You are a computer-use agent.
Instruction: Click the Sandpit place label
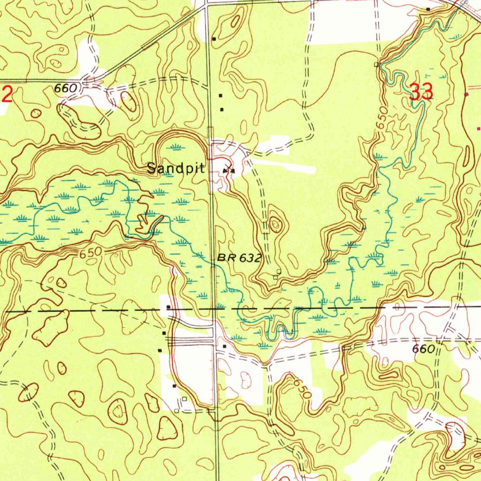point(176,168)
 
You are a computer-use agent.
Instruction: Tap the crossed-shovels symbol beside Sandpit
point(229,170)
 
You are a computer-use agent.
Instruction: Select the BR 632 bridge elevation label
point(239,258)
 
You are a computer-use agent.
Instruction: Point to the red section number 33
point(421,92)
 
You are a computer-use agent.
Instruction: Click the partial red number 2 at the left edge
point(7,94)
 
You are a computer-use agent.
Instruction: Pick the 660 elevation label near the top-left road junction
point(65,88)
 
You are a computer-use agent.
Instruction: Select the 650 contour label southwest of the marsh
point(90,253)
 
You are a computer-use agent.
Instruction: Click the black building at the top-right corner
point(428,9)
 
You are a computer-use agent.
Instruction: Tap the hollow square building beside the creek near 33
point(376,64)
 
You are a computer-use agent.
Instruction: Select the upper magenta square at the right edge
point(466,94)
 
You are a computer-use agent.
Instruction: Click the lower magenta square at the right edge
point(479,128)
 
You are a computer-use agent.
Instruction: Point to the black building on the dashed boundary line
point(168,308)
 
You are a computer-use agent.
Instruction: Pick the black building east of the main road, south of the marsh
point(225,346)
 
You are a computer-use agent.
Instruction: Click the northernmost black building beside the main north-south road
point(214,39)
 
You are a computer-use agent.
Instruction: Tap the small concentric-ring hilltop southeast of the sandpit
point(275,225)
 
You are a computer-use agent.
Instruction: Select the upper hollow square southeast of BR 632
point(279,271)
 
